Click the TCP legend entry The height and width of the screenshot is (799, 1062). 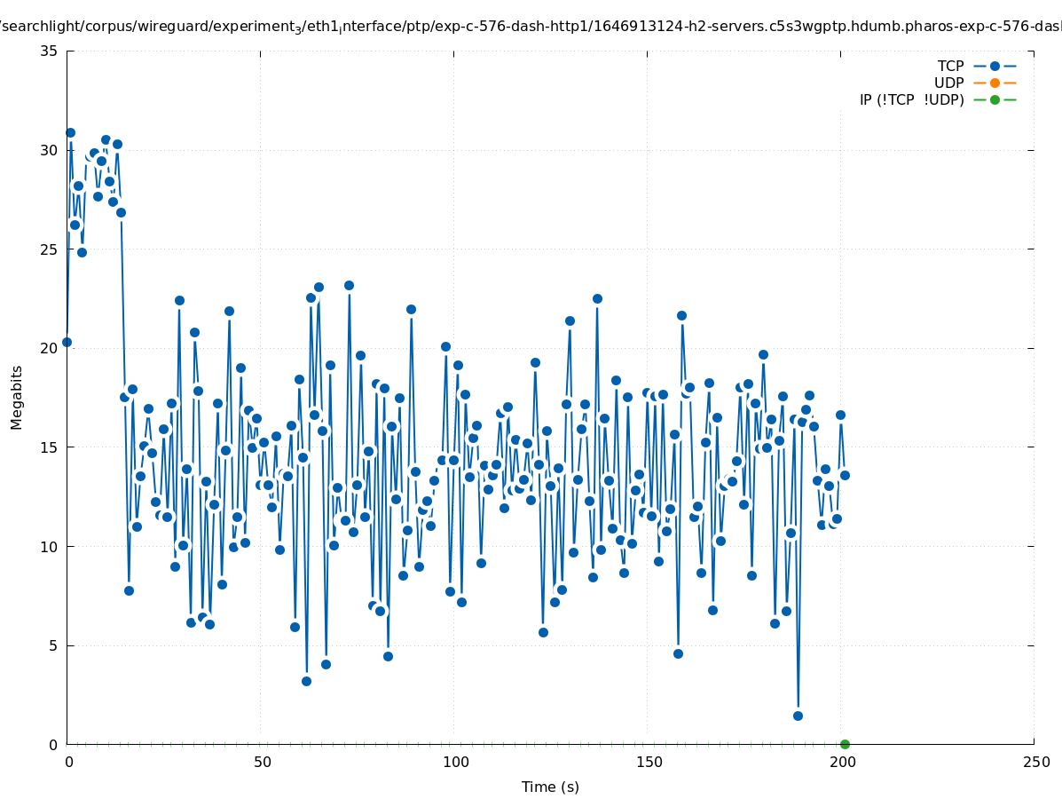click(x=950, y=66)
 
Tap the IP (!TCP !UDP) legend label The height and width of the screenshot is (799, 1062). click(x=911, y=99)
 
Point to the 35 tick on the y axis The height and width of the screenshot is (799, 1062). click(x=50, y=51)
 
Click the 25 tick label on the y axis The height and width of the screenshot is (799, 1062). click(x=50, y=249)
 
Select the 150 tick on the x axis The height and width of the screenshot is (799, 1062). click(x=648, y=762)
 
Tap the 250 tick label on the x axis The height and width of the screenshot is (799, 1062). click(x=1034, y=762)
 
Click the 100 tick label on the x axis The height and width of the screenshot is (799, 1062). click(x=454, y=762)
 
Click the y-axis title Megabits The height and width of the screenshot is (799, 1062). click(x=17, y=397)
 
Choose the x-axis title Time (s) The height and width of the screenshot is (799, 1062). click(x=550, y=787)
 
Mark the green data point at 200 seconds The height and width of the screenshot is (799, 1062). click(x=845, y=744)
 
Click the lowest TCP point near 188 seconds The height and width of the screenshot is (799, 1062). click(x=798, y=716)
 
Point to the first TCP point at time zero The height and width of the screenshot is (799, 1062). click(x=67, y=342)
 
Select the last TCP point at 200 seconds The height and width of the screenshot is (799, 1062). click(x=845, y=475)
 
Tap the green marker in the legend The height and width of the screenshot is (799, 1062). click(x=995, y=99)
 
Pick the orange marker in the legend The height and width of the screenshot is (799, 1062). click(x=995, y=83)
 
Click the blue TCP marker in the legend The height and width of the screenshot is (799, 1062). click(x=995, y=66)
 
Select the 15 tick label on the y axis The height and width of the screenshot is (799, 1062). click(x=50, y=447)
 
